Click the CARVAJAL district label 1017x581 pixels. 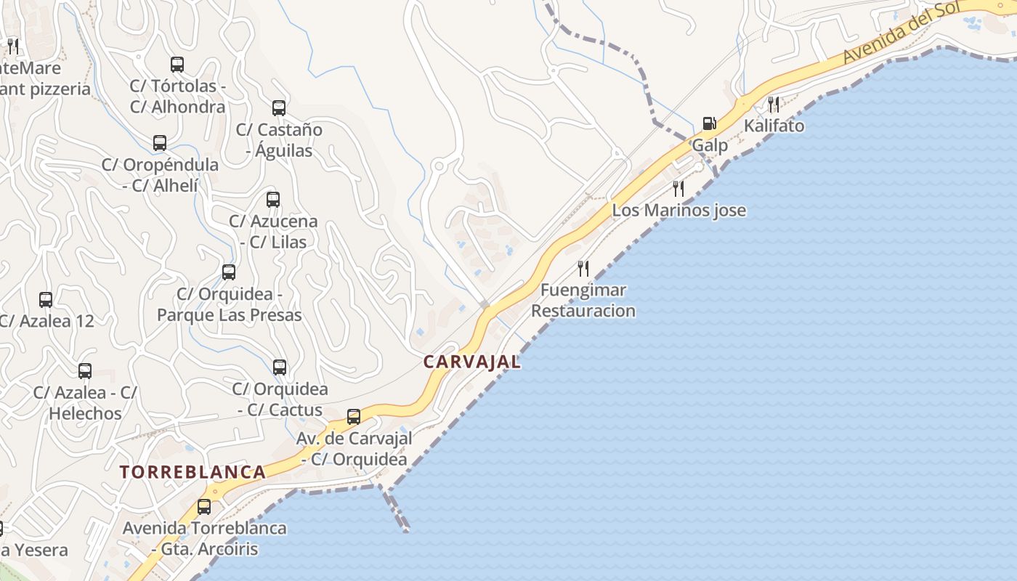[472, 362]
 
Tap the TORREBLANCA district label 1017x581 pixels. [193, 472]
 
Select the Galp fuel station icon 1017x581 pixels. [709, 123]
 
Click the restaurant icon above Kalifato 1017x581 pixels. [774, 104]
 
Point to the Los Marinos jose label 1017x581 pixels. [678, 211]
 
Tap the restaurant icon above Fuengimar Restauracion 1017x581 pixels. [583, 269]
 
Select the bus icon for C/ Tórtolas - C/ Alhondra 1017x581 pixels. [177, 64]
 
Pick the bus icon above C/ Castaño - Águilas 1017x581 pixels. [279, 108]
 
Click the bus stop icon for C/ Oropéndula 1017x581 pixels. [160, 143]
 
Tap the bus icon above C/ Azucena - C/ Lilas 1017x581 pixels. [273, 199]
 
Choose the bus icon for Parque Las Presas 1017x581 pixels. [229, 272]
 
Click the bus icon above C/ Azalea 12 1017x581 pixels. [46, 299]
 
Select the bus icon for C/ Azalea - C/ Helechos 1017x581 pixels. [85, 371]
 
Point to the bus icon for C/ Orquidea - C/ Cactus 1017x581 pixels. [280, 367]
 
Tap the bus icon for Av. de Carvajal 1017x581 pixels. [354, 417]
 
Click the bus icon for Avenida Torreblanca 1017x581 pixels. [204, 507]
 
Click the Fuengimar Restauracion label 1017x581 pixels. [583, 301]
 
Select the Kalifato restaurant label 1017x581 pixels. [774, 126]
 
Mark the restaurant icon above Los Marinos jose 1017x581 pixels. [678, 189]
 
